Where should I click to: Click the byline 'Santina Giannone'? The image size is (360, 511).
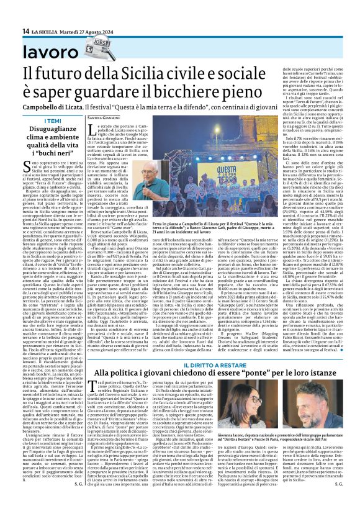point(102,117)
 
